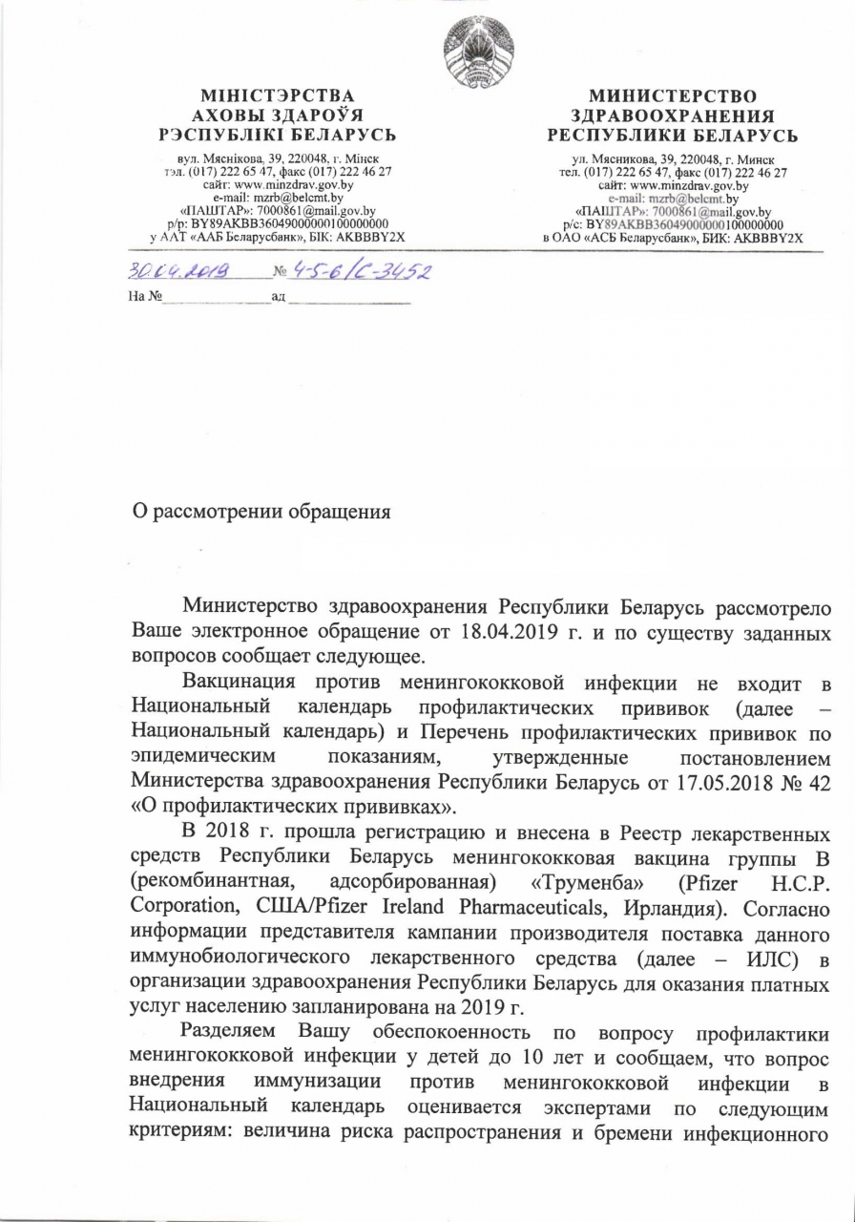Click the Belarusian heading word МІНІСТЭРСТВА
[277, 96]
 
